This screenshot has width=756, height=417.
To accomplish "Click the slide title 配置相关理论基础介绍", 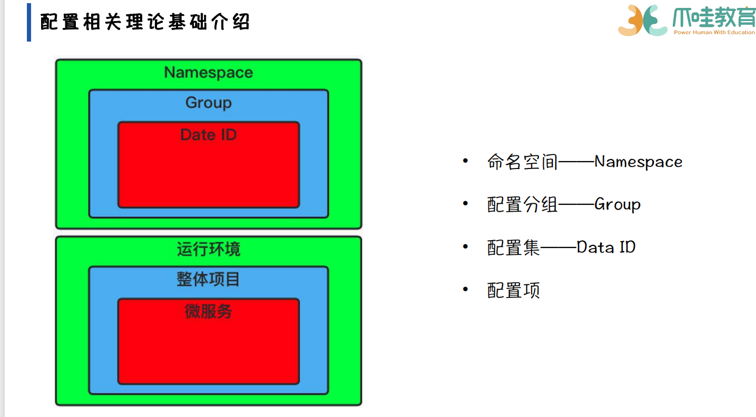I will pyautogui.click(x=145, y=22).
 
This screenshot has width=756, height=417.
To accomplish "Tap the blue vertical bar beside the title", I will pyautogui.click(x=29, y=22).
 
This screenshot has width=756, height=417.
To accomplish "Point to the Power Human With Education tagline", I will pyautogui.click(x=714, y=33).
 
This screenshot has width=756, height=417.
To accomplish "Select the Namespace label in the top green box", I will pyautogui.click(x=209, y=72).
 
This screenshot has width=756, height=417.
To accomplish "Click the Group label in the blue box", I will pyautogui.click(x=209, y=102).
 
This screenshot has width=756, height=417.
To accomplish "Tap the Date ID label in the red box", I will pyautogui.click(x=209, y=135).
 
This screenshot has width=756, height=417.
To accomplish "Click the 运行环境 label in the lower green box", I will pyautogui.click(x=209, y=249).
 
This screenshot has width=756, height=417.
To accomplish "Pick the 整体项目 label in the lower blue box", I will pyautogui.click(x=209, y=279).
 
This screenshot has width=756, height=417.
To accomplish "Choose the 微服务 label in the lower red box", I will pyautogui.click(x=209, y=311).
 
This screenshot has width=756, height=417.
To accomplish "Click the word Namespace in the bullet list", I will pyautogui.click(x=639, y=162).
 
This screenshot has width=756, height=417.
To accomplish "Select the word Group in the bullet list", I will pyautogui.click(x=617, y=204).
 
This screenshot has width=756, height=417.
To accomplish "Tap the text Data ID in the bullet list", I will pyautogui.click(x=606, y=247).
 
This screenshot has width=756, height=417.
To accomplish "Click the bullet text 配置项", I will pyautogui.click(x=514, y=290).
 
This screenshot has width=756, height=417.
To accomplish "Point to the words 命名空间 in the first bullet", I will pyautogui.click(x=523, y=162).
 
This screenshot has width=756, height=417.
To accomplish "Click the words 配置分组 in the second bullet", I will pyautogui.click(x=523, y=204).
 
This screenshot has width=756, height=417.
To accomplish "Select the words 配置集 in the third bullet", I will pyautogui.click(x=514, y=247).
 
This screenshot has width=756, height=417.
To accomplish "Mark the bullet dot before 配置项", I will pyautogui.click(x=465, y=289).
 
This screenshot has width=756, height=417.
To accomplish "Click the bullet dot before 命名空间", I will pyautogui.click(x=465, y=161).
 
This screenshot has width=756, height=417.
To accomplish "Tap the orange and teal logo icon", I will pyautogui.click(x=643, y=20).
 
